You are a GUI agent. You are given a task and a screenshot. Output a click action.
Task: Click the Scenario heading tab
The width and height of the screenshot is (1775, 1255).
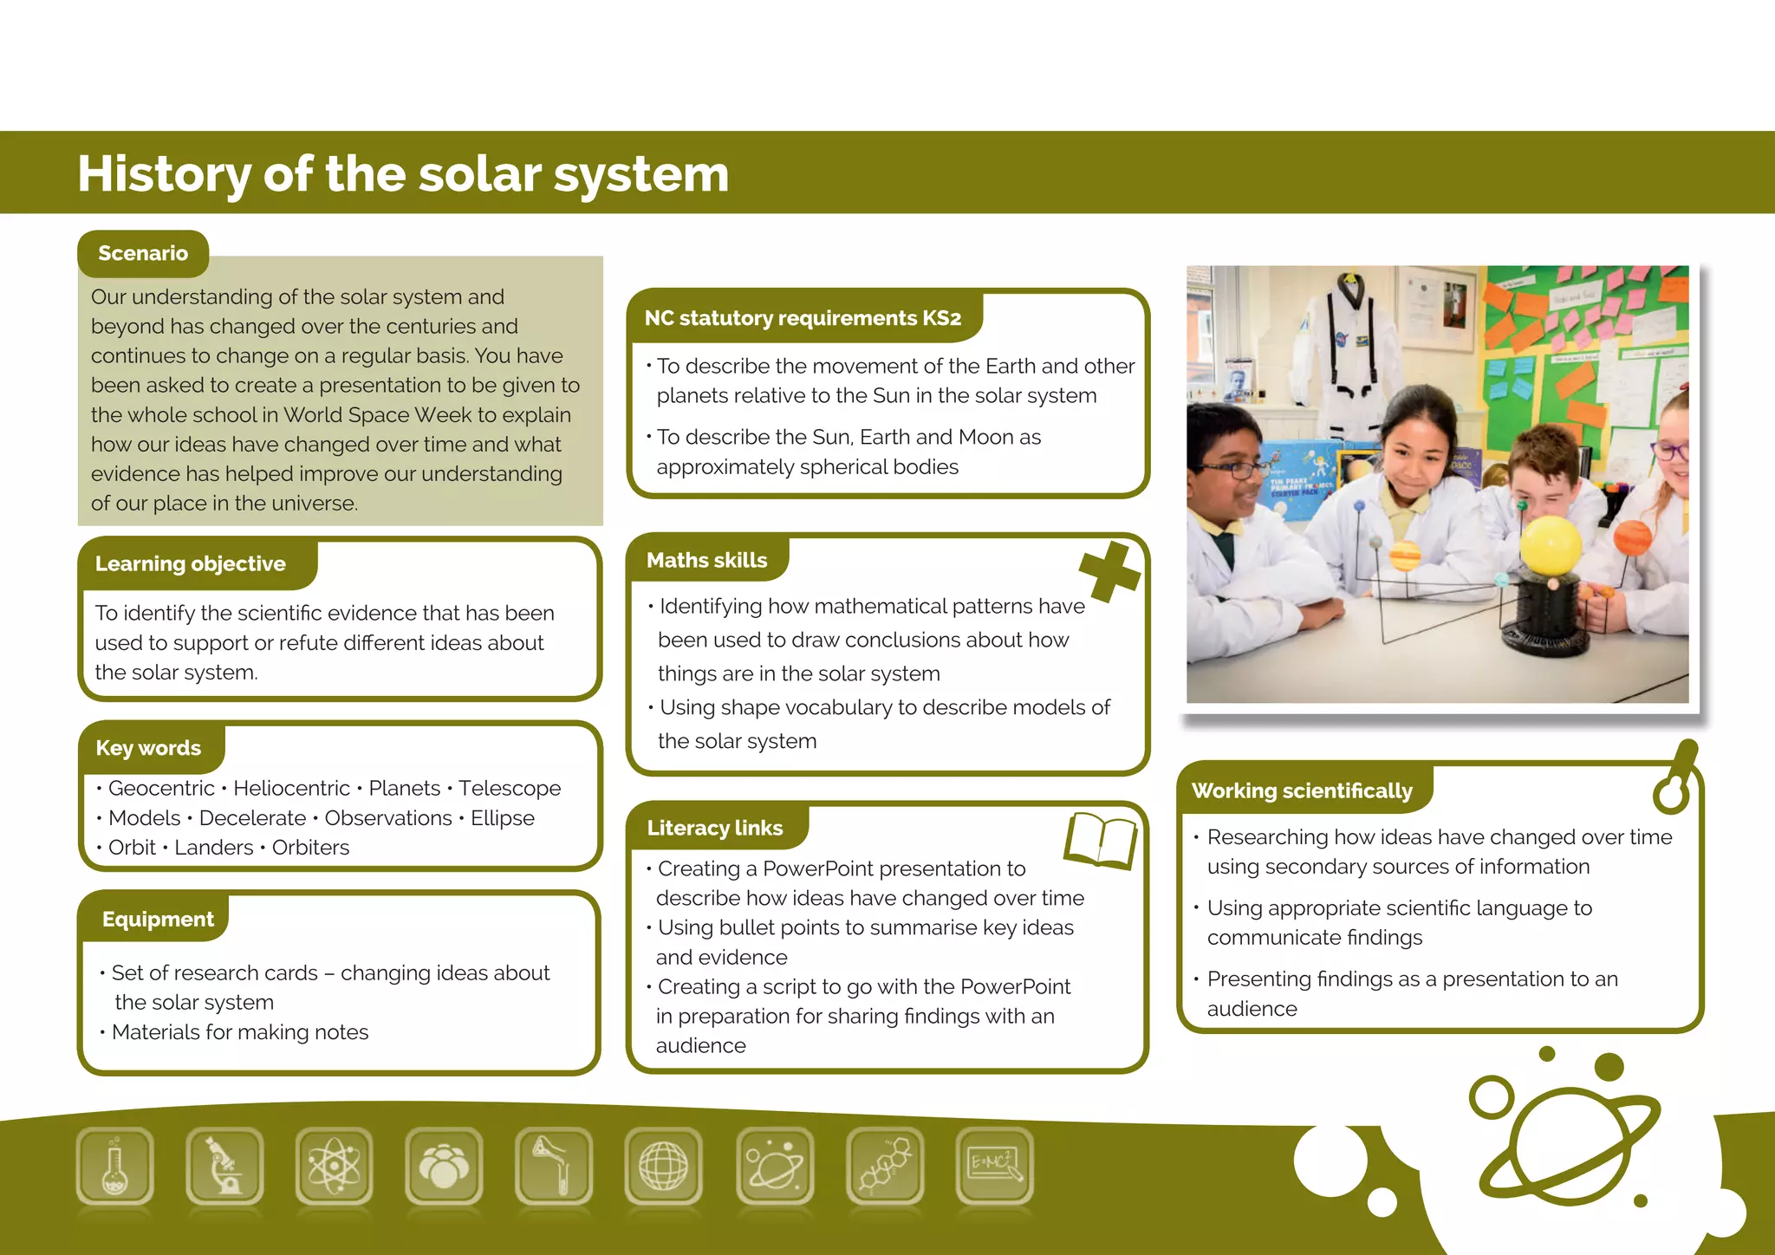pyautogui.click(x=143, y=253)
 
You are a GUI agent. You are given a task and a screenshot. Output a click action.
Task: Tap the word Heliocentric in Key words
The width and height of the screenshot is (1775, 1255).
pyautogui.click(x=291, y=788)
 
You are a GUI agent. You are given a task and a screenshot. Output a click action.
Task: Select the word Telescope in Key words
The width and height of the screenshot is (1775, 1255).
pyautogui.click(x=510, y=788)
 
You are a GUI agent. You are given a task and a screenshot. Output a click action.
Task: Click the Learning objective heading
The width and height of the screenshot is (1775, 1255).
pyautogui.click(x=191, y=563)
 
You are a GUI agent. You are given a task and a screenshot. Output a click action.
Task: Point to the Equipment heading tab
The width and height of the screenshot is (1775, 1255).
pyautogui.click(x=158, y=919)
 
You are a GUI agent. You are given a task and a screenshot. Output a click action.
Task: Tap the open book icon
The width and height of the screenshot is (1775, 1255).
pyautogui.click(x=1101, y=840)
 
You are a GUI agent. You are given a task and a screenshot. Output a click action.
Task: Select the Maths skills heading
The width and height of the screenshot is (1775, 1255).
pyautogui.click(x=706, y=560)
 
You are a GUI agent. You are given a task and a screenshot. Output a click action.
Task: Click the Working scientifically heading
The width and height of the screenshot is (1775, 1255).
pyautogui.click(x=1302, y=790)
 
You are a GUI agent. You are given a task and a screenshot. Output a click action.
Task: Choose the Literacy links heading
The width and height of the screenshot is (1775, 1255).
pyautogui.click(x=715, y=828)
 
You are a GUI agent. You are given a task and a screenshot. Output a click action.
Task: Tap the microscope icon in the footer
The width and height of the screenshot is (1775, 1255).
pyautogui.click(x=224, y=1166)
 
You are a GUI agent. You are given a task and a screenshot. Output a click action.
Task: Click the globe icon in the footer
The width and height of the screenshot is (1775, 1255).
pyautogui.click(x=663, y=1166)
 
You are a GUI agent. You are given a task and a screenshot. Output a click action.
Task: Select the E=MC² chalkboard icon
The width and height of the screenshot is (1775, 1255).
pyautogui.click(x=994, y=1166)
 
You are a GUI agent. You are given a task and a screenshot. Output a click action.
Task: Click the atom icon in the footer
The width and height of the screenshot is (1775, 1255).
pyautogui.click(x=334, y=1166)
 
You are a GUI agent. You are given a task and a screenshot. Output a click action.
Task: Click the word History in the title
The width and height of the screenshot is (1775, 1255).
pyautogui.click(x=164, y=174)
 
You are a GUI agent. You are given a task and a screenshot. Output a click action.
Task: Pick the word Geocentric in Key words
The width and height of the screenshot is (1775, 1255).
pyautogui.click(x=161, y=788)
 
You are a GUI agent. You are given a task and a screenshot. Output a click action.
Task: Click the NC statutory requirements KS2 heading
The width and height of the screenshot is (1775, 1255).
pyautogui.click(x=803, y=318)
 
